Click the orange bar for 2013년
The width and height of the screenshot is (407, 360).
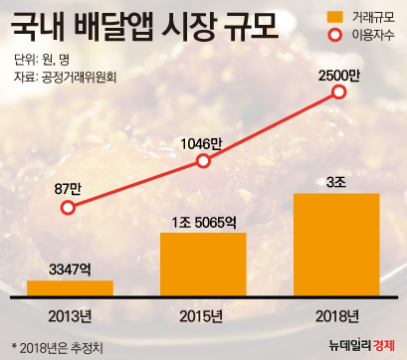click(x=69, y=288)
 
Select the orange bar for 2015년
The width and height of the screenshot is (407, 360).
click(x=203, y=263)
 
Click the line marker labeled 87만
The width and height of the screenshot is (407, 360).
click(x=68, y=208)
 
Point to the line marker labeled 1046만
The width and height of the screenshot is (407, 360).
click(x=203, y=161)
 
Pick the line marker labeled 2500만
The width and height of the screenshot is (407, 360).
click(x=338, y=92)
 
